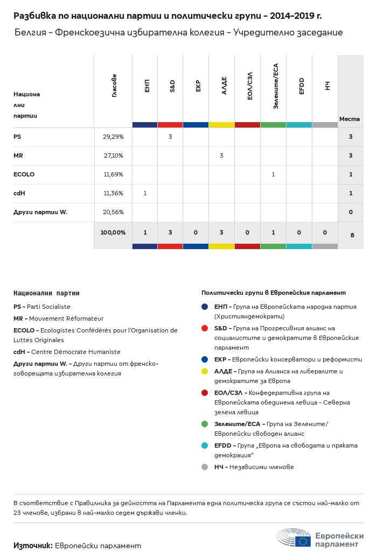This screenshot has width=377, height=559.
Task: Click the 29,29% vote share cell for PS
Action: [113, 137]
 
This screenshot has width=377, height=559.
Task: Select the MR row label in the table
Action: [18, 156]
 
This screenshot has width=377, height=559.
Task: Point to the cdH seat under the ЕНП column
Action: [145, 194]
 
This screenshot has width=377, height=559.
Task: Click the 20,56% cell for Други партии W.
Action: [113, 213]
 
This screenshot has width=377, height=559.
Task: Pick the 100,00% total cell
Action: [113, 232]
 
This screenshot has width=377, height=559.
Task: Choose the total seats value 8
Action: [351, 235]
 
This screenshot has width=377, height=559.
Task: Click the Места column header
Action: [350, 119]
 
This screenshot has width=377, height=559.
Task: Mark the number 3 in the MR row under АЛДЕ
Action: [221, 156]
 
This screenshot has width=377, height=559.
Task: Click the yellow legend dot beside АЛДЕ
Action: [204, 371]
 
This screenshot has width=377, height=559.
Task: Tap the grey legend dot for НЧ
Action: [204, 467]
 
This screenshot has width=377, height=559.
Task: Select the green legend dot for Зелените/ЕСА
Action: [204, 424]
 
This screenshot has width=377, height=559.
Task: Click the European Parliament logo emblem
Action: [294, 539]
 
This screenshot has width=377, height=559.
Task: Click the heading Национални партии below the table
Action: [46, 293]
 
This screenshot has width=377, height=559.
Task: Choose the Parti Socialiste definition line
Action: [42, 307]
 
